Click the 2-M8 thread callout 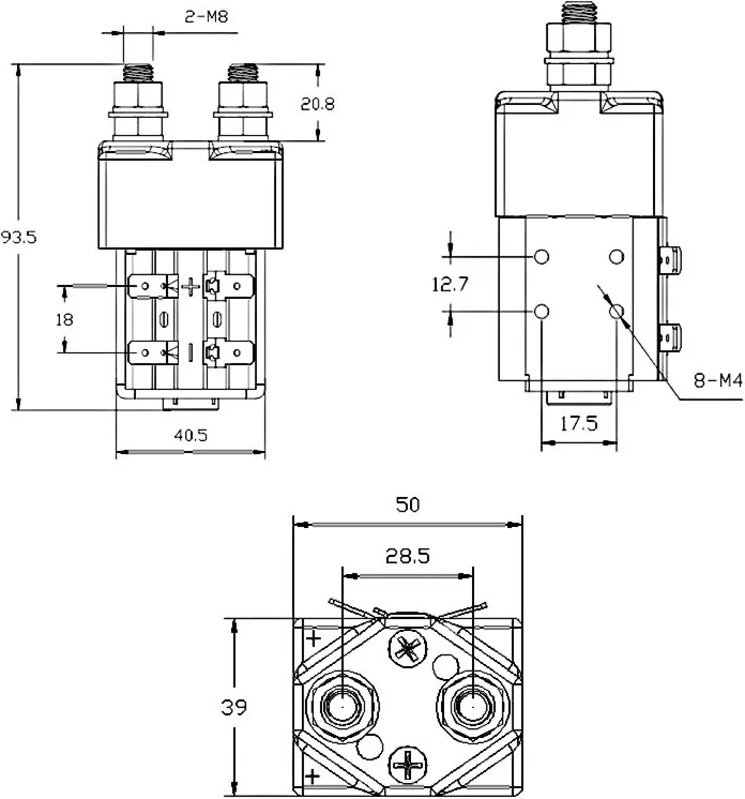(206, 17)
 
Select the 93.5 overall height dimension (19, 237)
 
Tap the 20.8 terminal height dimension (317, 103)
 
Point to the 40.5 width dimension (191, 435)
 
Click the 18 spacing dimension (64, 320)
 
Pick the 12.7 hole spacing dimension (450, 284)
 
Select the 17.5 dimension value (579, 424)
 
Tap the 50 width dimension (408, 505)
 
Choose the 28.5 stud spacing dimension (408, 557)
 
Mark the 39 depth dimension (234, 707)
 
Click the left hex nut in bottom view (341, 707)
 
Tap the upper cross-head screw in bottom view (408, 650)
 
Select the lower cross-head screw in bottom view (408, 764)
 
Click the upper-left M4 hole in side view (542, 257)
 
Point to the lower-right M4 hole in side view (617, 311)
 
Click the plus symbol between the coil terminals (190, 288)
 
